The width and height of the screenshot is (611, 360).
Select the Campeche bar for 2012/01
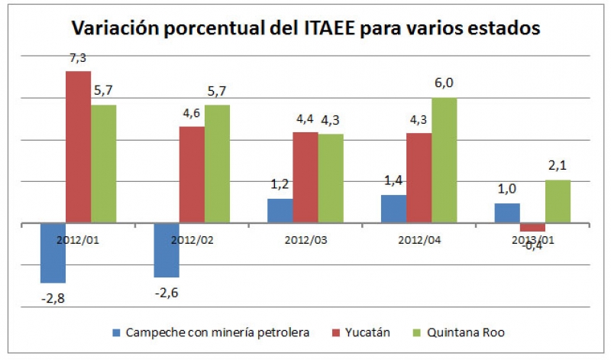53,253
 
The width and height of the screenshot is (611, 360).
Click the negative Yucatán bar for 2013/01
533,227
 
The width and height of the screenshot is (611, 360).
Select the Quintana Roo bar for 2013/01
558,202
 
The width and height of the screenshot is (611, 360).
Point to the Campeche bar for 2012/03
280,211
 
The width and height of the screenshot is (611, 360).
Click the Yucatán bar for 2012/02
192,174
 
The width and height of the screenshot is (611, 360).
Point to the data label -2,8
53,297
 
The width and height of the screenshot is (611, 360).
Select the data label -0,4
532,245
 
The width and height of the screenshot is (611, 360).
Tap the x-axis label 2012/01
76,238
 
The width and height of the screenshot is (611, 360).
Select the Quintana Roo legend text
467,333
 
